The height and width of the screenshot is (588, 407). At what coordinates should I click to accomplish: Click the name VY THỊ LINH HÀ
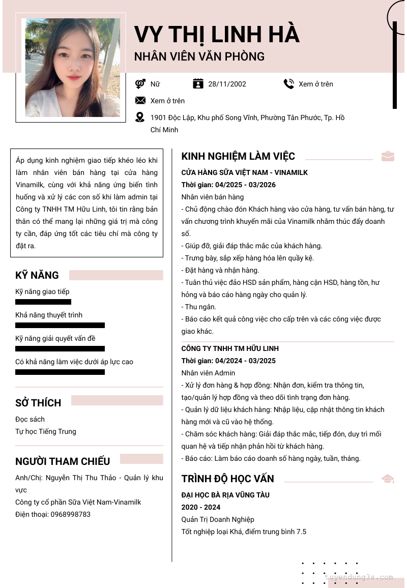click(x=217, y=35)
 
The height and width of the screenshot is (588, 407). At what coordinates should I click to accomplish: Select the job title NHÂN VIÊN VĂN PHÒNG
click(x=199, y=56)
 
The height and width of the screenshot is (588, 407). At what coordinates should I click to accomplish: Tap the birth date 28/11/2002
click(x=227, y=84)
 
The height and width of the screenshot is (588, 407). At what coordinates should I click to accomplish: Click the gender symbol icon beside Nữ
click(x=140, y=84)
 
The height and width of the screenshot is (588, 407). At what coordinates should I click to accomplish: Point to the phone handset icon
click(x=288, y=84)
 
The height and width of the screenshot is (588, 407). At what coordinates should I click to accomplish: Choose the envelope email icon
click(x=140, y=101)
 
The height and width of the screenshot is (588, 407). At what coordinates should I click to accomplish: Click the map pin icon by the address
click(x=140, y=117)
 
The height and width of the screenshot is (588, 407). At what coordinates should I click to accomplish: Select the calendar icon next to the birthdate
click(x=198, y=84)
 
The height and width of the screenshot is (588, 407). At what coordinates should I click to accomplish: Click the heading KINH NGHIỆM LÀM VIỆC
click(x=238, y=156)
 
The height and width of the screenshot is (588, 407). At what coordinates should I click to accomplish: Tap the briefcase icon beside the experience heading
click(x=388, y=156)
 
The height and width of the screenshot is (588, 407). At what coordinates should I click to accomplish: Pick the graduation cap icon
click(x=388, y=479)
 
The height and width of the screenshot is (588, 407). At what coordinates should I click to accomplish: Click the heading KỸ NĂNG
click(x=37, y=275)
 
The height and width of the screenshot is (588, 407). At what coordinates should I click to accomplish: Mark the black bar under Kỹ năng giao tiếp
click(x=43, y=302)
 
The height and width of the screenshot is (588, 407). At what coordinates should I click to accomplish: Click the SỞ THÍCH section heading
click(x=38, y=403)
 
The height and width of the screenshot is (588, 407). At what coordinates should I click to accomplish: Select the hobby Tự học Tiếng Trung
click(x=46, y=431)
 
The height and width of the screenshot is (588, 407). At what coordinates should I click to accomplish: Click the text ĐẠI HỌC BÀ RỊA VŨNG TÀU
click(x=225, y=495)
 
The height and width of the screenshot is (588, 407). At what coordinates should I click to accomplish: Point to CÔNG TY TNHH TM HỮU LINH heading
click(x=230, y=348)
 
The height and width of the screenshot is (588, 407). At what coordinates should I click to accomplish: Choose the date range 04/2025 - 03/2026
click(x=245, y=185)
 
